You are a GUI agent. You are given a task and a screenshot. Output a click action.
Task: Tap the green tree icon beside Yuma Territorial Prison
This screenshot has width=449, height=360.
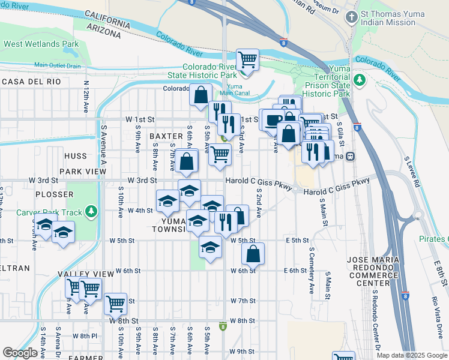tap(360, 80)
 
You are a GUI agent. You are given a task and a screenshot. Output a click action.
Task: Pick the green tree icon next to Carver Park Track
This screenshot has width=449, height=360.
tap(91, 211)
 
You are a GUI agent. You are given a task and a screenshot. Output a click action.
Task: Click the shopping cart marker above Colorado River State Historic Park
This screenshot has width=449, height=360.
tap(247, 59)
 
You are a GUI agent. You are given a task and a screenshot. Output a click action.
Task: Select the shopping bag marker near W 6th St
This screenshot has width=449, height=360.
tap(253, 253)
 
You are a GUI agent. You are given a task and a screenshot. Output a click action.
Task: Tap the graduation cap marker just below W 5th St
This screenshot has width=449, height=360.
tap(209, 248)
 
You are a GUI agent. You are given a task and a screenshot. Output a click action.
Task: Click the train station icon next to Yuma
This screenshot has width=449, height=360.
tap(350, 157)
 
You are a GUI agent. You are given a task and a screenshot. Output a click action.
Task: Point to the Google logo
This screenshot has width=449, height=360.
tap(20, 353)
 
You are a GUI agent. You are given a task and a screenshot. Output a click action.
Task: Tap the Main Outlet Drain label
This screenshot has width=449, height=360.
tap(57, 65)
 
